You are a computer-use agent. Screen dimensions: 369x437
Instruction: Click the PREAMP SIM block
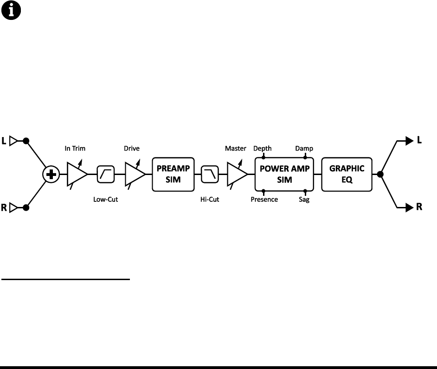(x=173, y=175)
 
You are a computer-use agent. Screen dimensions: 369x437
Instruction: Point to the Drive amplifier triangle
(x=135, y=175)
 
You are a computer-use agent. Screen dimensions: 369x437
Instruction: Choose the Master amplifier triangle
(x=236, y=175)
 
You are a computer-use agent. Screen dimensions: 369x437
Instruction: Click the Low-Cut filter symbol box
(x=105, y=175)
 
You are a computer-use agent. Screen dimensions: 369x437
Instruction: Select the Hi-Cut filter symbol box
(x=210, y=175)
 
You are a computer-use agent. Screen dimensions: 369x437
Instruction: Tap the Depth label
(x=263, y=149)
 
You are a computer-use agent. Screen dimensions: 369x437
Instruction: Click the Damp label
(x=305, y=149)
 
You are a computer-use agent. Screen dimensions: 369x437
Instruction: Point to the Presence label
(x=264, y=200)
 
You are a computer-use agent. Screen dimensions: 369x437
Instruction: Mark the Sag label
(x=305, y=200)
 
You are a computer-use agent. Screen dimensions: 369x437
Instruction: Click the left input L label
(x=4, y=141)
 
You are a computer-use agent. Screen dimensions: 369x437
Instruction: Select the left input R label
(x=4, y=208)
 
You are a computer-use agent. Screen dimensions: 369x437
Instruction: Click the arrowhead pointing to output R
(x=410, y=208)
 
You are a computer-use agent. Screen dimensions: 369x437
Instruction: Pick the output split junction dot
(x=380, y=175)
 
